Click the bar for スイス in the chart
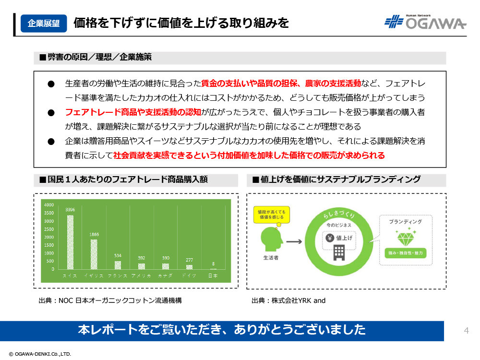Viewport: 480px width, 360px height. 70,242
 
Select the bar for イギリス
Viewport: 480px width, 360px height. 94,254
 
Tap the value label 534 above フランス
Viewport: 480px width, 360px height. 118,256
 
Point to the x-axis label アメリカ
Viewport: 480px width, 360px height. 142,276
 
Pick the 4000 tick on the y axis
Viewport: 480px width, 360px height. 49,205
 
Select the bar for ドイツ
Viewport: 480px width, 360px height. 189,266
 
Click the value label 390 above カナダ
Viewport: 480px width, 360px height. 165,258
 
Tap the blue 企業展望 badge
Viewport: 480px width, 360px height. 44,23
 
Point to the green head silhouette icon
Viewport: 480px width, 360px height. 270,239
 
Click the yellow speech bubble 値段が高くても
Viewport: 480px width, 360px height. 271,214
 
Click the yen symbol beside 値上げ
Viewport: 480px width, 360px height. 330,237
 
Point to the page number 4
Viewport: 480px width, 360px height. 466,330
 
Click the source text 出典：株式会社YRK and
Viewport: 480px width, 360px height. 288,301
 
